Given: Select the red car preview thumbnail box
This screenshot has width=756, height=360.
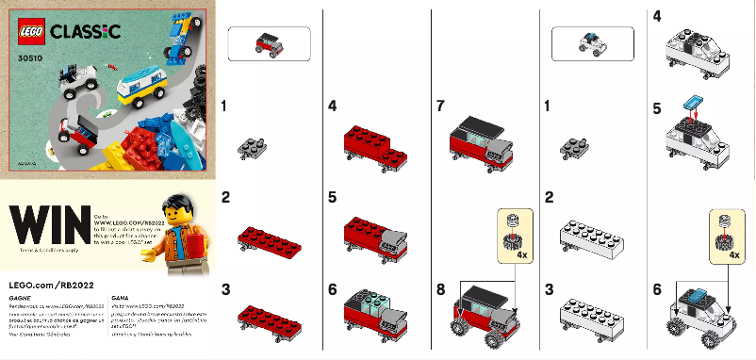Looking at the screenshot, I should tap(269, 44).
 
